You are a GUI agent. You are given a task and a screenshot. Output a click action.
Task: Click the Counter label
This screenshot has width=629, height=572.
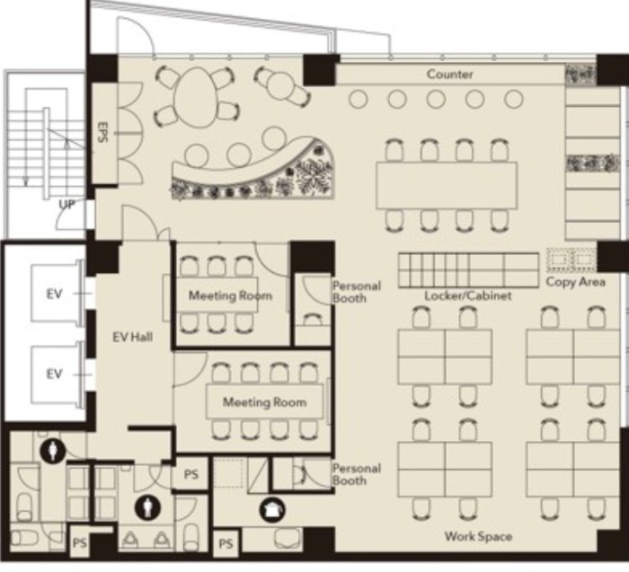coord(449,75)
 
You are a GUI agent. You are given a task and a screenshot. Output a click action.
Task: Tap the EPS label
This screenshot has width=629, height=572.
coord(102,132)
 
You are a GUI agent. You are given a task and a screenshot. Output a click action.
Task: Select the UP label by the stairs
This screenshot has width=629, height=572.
coord(67,205)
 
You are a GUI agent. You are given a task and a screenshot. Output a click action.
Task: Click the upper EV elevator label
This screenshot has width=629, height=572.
coord(54,295)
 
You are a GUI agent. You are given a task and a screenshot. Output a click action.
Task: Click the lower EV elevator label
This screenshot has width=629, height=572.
coord(54,374)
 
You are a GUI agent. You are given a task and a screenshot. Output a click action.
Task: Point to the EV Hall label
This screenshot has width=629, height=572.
coord(132,337)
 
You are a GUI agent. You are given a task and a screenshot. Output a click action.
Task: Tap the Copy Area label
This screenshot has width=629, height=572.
coord(576,282)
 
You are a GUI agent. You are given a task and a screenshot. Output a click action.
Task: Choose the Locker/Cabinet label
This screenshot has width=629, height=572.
coord(468,295)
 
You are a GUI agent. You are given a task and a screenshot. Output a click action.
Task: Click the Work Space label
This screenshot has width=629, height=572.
coord(478,536)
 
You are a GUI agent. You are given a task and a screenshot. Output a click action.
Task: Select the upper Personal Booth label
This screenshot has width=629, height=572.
coord(356,292)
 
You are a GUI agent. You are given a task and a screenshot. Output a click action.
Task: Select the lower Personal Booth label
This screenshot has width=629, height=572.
coord(356,474)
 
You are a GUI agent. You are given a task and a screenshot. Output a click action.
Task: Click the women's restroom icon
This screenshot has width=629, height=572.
coord(53,451)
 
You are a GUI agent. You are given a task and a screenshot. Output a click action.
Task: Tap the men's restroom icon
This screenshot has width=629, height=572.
coord(147,507)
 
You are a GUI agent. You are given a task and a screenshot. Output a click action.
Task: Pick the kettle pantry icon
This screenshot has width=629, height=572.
coord(273,510)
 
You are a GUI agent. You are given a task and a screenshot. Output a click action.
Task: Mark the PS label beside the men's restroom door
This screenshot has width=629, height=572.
coord(190,474)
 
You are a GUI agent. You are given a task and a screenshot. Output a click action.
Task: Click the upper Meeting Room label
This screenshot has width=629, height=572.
coord(230,295)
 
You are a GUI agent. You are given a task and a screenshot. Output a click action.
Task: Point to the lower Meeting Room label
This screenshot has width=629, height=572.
coord(264,402)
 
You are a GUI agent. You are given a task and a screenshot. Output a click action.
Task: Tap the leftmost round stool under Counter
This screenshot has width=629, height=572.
coord(359,99)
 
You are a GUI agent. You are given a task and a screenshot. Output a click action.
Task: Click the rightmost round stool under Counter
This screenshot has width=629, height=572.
coord(513,99)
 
